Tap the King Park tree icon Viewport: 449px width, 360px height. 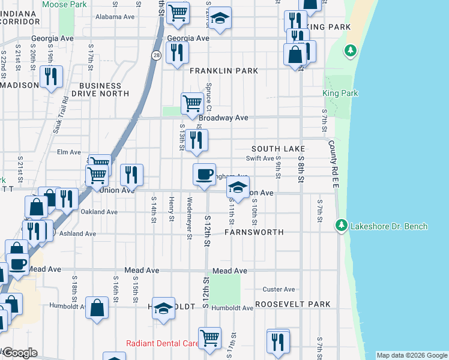point(349,51)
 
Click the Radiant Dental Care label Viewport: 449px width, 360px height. point(162,344)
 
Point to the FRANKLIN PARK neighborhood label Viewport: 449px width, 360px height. point(224,71)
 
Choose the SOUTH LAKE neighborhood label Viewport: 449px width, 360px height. point(279,148)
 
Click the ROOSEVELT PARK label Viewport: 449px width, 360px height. point(293,305)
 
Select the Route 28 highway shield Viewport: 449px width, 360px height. point(155,55)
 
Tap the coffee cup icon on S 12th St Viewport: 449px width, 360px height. point(204,174)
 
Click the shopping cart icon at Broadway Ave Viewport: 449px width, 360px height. point(191,103)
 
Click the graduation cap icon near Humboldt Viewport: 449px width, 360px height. point(163,308)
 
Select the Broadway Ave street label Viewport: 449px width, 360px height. point(223,118)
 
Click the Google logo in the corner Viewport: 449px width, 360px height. point(20,353)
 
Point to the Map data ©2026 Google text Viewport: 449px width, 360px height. point(412,355)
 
